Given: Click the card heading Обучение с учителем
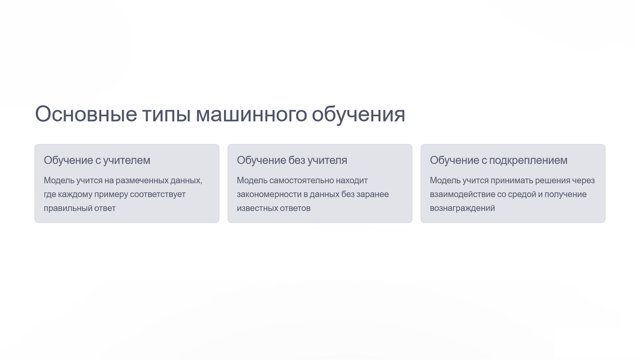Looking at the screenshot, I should [97, 160].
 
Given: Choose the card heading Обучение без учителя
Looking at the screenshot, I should [292, 160].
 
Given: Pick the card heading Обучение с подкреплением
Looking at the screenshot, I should [499, 160].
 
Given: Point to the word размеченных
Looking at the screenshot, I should [150, 180].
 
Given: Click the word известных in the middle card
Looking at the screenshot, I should [257, 208].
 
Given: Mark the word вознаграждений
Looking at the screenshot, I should [462, 208].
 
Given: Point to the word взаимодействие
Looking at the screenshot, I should [462, 194].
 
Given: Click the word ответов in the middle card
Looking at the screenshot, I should [295, 208].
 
